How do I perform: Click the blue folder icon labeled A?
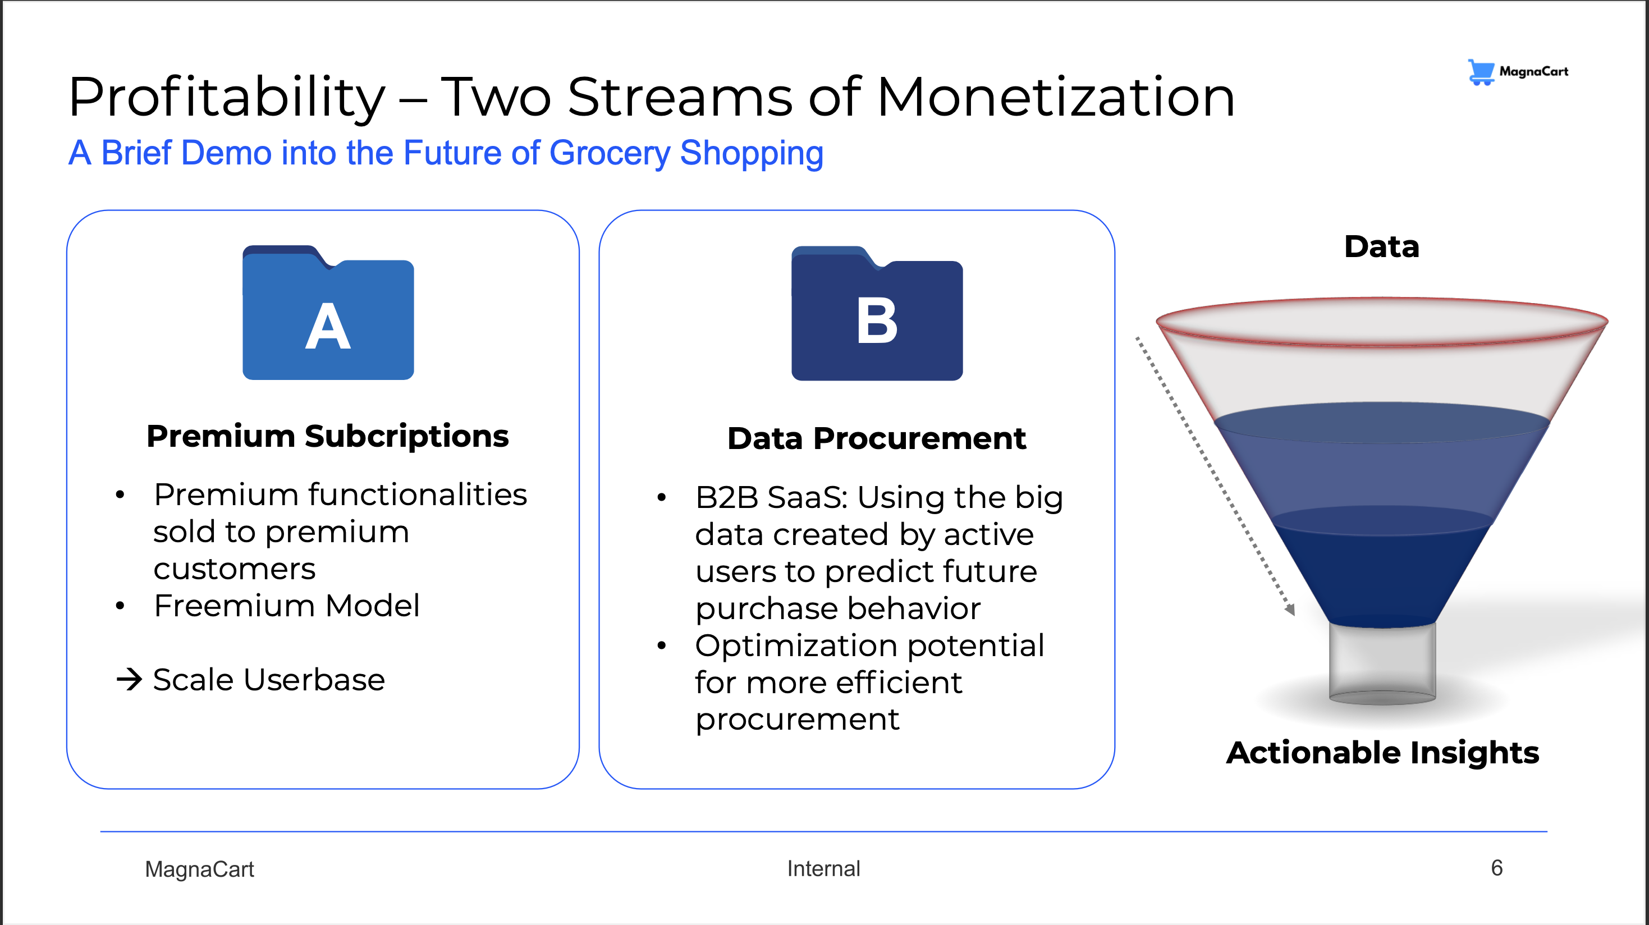click(x=328, y=313)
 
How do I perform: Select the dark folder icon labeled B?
click(x=877, y=313)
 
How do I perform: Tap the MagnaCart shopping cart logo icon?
click(x=1481, y=72)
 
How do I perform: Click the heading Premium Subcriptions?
click(x=328, y=437)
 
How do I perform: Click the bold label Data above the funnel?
click(x=1381, y=246)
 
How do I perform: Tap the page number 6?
click(x=1497, y=868)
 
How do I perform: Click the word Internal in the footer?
click(x=823, y=869)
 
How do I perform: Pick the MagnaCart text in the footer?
click(x=200, y=869)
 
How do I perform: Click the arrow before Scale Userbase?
click(x=129, y=679)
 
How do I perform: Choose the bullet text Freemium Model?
click(x=287, y=606)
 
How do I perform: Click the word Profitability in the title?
click(x=227, y=97)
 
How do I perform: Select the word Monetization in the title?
click(x=1056, y=97)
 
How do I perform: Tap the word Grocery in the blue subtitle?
click(x=610, y=154)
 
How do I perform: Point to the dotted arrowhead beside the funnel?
click(x=1289, y=610)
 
